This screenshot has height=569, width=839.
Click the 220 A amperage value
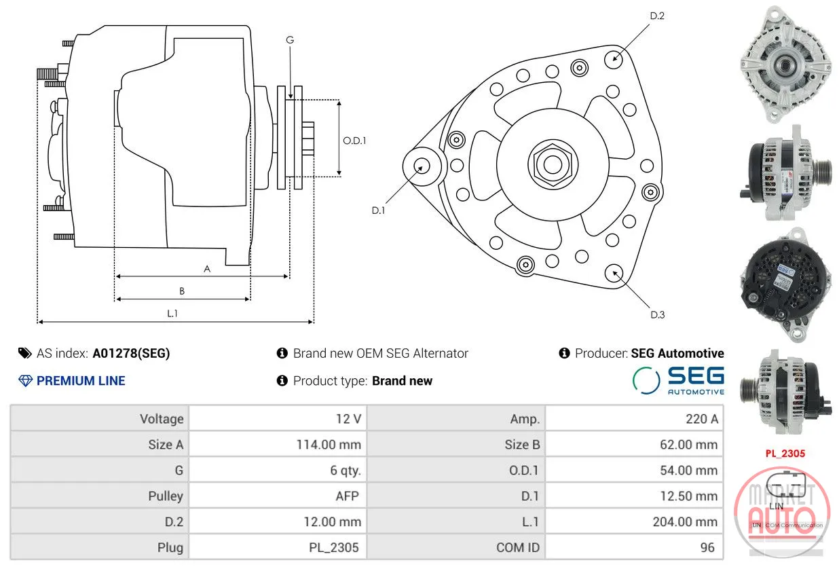point(701,419)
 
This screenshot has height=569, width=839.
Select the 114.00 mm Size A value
point(329,445)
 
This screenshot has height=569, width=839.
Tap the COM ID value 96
point(707,548)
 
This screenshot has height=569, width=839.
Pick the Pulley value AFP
point(348,496)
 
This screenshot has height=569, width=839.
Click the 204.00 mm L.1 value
point(685,521)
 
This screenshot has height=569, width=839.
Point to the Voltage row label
point(162,419)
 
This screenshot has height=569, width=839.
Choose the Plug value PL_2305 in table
point(334,548)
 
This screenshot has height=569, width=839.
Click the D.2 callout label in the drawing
point(657,16)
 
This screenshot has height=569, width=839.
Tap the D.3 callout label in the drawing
point(657,314)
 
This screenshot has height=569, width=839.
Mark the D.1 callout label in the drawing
point(378,210)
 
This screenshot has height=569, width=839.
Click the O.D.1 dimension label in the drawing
point(354,141)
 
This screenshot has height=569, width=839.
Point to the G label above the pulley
point(290,39)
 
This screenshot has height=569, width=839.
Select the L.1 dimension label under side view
point(172,313)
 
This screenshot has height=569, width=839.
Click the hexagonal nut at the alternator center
point(553,164)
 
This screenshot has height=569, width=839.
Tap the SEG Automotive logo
point(678,381)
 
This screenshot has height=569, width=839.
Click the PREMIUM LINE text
point(81,381)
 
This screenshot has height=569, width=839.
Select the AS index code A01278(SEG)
point(131,353)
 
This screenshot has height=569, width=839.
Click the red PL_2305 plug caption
point(785,454)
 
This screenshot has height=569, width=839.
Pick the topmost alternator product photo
point(785,64)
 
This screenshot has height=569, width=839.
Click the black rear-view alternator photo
point(785,284)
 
